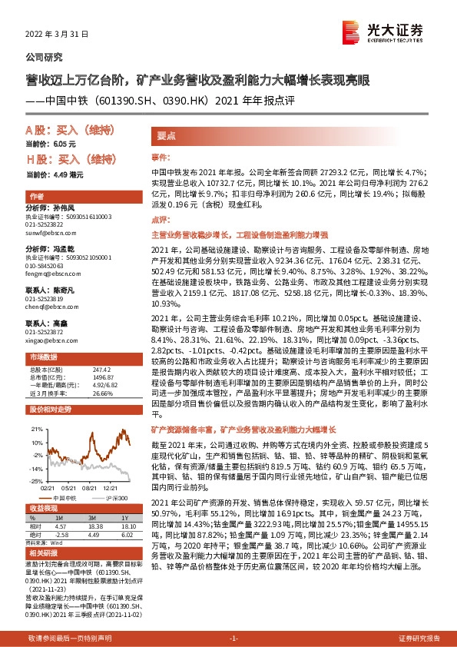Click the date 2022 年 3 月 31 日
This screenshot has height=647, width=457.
(x=58, y=35)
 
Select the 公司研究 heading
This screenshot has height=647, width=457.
(x=45, y=58)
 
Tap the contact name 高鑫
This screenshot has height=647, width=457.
(x=58, y=323)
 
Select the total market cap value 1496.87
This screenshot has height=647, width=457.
(x=104, y=377)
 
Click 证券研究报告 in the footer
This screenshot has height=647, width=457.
(x=419, y=639)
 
